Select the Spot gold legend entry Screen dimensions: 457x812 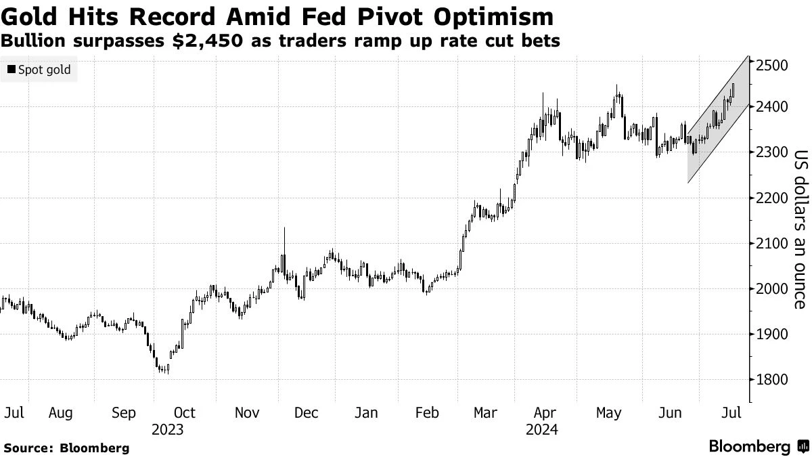click(x=39, y=70)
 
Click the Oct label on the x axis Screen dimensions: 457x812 click(x=184, y=412)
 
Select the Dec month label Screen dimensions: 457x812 click(x=307, y=412)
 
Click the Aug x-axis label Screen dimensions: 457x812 click(x=62, y=412)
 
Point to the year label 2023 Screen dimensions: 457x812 click(x=168, y=429)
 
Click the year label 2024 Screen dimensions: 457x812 click(x=541, y=429)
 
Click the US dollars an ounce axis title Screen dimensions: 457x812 click(x=800, y=228)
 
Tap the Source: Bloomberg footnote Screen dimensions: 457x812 click(x=66, y=448)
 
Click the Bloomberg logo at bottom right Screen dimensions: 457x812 click(x=758, y=447)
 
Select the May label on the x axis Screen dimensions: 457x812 click(x=608, y=412)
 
